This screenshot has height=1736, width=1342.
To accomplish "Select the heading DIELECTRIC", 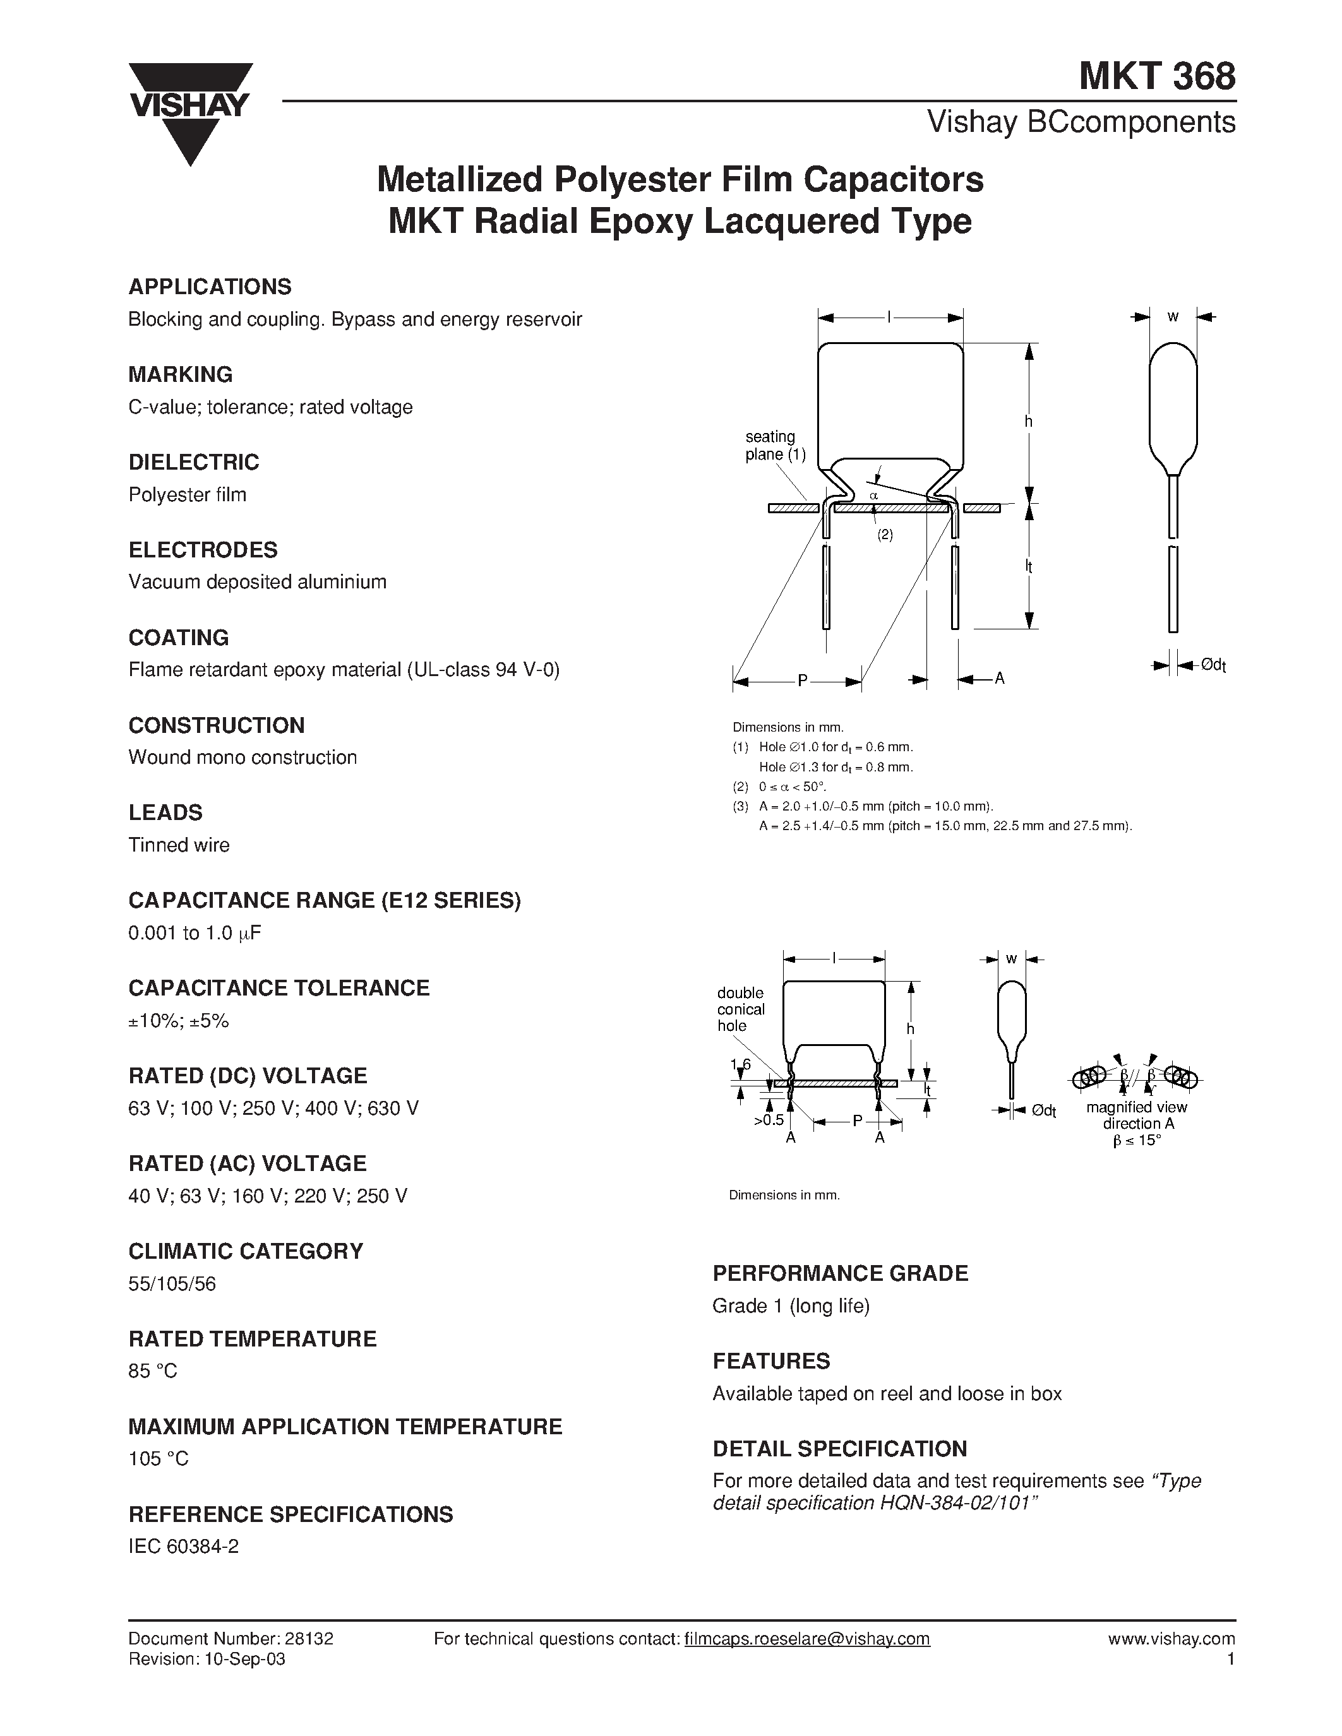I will (x=194, y=462).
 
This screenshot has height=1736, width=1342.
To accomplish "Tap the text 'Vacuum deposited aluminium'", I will (x=258, y=582).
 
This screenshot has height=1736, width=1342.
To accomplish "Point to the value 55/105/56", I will (x=172, y=1284).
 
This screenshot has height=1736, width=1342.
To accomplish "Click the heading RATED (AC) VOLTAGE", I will (x=248, y=1163).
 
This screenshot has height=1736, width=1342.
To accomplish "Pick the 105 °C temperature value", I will (x=159, y=1459).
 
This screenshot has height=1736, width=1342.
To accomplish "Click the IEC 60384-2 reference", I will (x=184, y=1546).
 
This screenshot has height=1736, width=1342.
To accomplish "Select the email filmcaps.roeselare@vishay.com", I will (x=806, y=1638).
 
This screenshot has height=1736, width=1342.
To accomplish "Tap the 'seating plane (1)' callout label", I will (x=774, y=446).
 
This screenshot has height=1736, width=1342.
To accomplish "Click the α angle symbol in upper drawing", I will (x=874, y=495).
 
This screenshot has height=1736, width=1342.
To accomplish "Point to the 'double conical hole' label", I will (x=740, y=1009).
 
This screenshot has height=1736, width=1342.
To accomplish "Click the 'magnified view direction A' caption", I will (x=1137, y=1115).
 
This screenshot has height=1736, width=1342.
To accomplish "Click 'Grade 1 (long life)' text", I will (x=791, y=1306).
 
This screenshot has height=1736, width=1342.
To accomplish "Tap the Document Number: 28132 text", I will (x=231, y=1638).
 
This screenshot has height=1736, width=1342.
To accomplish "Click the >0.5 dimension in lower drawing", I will (x=768, y=1120).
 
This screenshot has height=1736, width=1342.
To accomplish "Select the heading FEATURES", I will (x=771, y=1361).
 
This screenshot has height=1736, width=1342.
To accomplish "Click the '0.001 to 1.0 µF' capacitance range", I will (x=195, y=933).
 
